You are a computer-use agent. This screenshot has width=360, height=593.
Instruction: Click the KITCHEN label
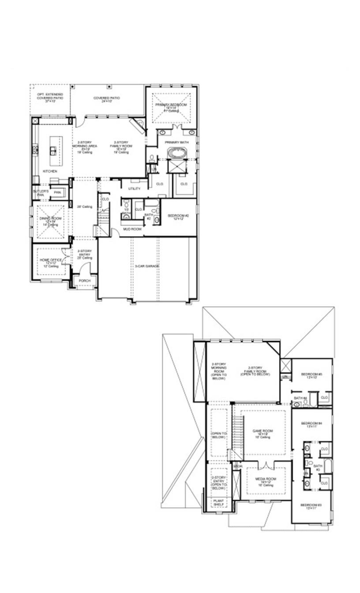click(50, 171)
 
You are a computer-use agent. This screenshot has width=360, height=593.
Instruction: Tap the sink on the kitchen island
click(53, 150)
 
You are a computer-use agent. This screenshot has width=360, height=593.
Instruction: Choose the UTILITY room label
click(134, 188)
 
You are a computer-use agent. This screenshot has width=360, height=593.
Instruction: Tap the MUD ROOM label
click(132, 229)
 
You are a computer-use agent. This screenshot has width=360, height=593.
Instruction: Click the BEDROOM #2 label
click(178, 216)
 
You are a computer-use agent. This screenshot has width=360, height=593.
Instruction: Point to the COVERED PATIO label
click(106, 98)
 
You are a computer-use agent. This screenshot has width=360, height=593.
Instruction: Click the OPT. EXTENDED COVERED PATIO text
click(49, 97)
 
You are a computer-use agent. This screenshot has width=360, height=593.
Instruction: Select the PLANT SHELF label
click(218, 503)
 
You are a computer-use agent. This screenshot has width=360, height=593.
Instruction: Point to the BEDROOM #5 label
click(311, 375)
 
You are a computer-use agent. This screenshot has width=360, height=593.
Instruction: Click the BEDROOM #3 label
click(311, 506)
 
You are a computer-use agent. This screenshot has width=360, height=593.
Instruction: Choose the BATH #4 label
click(300, 398)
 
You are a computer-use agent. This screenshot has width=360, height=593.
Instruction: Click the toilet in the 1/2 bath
click(126, 218)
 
